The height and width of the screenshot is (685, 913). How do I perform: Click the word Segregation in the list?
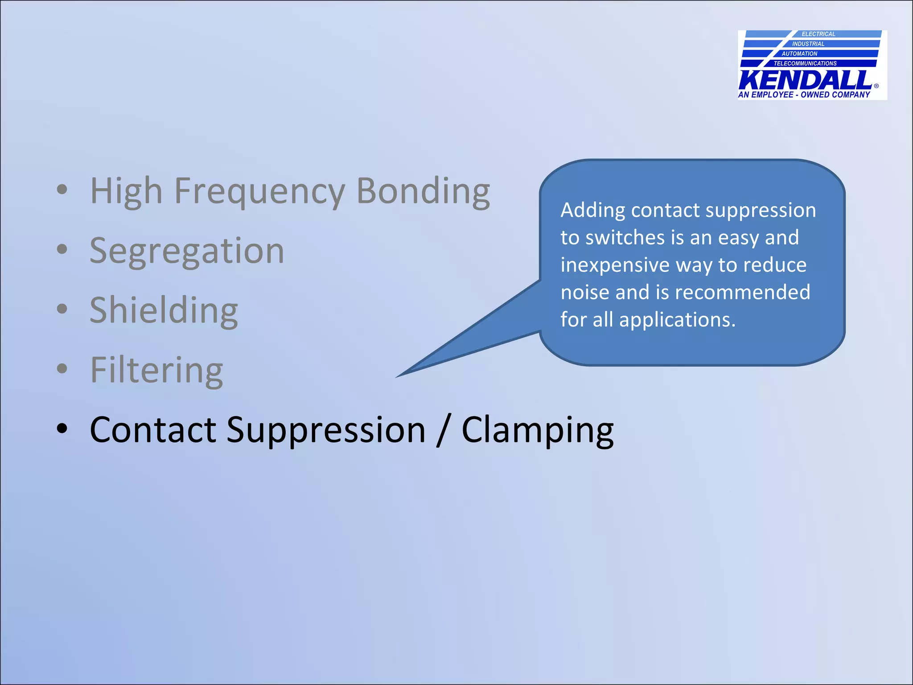(187, 251)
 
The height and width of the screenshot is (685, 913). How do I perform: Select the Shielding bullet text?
(164, 310)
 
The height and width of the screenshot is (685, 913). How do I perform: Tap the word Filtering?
(156, 370)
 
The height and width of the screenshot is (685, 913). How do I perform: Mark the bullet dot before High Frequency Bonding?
(62, 190)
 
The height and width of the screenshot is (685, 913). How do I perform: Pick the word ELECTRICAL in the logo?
(818, 34)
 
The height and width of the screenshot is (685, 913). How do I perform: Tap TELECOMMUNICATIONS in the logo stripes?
(805, 63)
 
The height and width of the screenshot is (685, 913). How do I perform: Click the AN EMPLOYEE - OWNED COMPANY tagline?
(804, 95)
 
